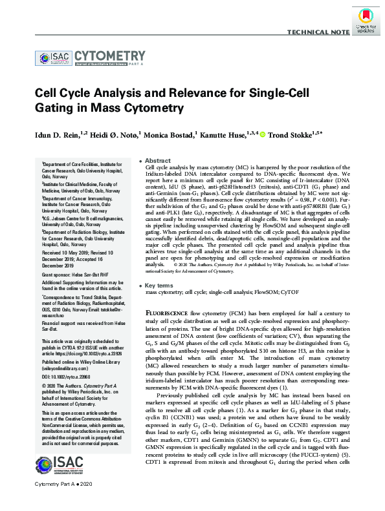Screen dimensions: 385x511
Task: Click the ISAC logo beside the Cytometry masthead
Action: [53, 59]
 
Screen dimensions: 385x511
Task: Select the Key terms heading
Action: [160, 285]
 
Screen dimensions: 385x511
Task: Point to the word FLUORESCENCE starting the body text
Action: [167, 311]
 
